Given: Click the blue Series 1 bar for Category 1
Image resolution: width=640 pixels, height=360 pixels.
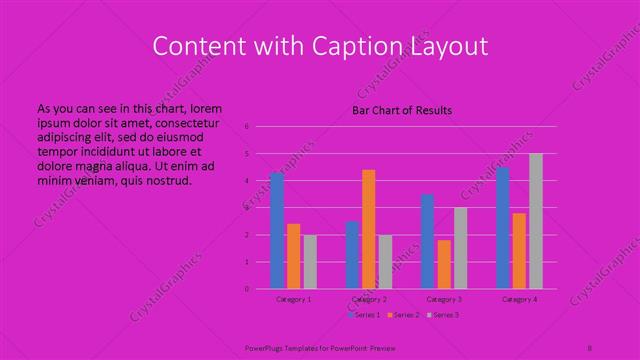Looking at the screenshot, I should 277,231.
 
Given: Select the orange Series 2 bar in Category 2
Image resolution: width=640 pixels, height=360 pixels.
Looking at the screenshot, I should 369,229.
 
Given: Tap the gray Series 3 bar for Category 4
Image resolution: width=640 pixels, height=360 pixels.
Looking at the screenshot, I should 536,221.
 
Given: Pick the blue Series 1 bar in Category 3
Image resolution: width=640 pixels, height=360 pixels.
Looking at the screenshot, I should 428,241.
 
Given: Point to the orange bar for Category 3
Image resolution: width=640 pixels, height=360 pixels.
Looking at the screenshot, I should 444,264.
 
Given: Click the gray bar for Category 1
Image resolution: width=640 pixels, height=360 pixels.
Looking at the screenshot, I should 310,262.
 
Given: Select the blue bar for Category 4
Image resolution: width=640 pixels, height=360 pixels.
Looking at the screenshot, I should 503,228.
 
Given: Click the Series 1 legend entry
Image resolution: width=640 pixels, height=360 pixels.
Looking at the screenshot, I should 363,315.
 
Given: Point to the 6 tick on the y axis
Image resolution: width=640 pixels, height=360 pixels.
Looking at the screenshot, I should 247,127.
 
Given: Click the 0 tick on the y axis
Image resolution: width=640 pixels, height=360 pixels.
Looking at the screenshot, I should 247,289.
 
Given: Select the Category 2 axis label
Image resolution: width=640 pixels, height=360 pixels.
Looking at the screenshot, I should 369,299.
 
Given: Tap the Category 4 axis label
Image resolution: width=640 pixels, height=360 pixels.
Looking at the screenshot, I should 519,299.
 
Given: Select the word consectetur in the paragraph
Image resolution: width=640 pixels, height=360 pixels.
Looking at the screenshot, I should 185,121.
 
